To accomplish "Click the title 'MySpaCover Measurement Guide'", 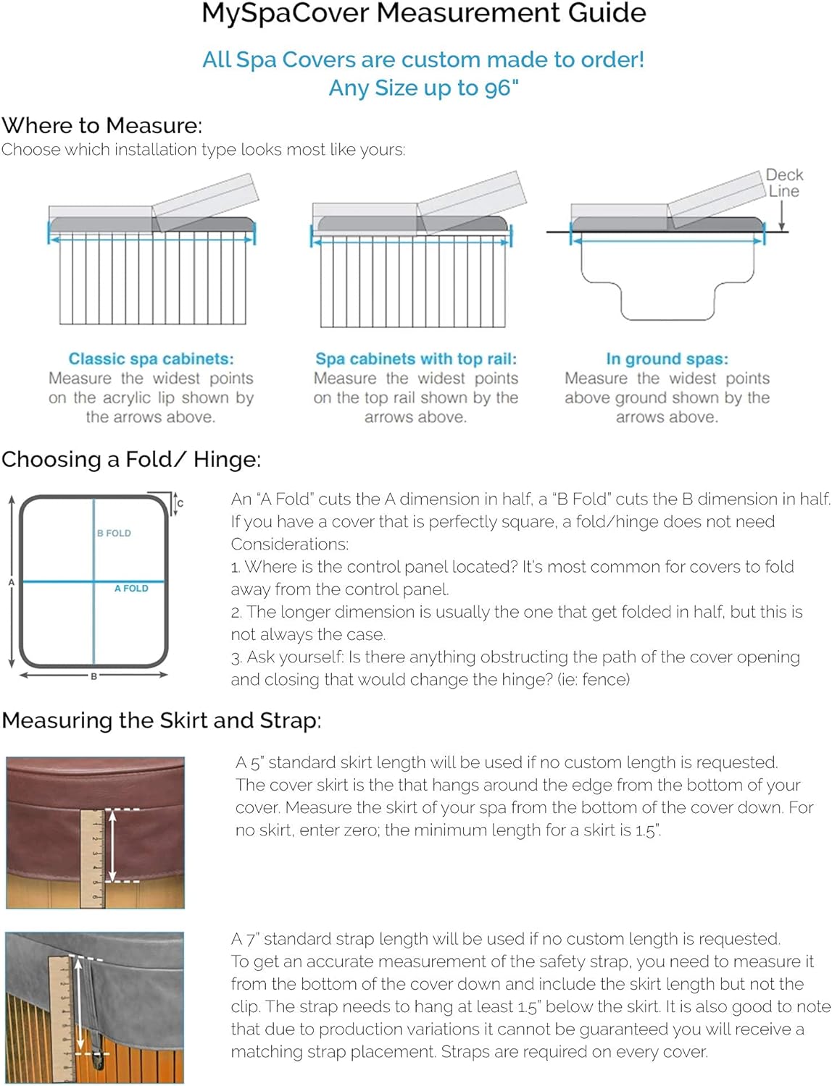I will pyautogui.click(x=423, y=14).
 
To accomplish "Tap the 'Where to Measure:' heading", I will pyautogui.click(x=102, y=126).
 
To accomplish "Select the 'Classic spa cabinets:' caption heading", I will pyautogui.click(x=151, y=359).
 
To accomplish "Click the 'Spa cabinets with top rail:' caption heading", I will pyautogui.click(x=416, y=359).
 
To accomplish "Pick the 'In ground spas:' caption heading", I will pyautogui.click(x=667, y=359).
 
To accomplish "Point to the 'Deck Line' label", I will pyautogui.click(x=784, y=183).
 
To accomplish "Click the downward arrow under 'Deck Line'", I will pyautogui.click(x=782, y=216).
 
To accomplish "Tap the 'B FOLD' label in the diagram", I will pyautogui.click(x=115, y=534).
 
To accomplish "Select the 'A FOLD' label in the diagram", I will pyautogui.click(x=131, y=589).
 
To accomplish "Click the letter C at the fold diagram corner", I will pyautogui.click(x=180, y=503).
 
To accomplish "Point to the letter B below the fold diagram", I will pyautogui.click(x=93, y=676).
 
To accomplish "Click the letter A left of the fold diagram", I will pyautogui.click(x=11, y=582).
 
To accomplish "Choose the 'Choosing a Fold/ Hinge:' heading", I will pyautogui.click(x=131, y=460).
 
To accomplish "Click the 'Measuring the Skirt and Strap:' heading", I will pyautogui.click(x=161, y=721).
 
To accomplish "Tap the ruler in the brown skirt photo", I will pyautogui.click(x=93, y=858).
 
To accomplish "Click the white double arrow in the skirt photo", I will pyautogui.click(x=112, y=846).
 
